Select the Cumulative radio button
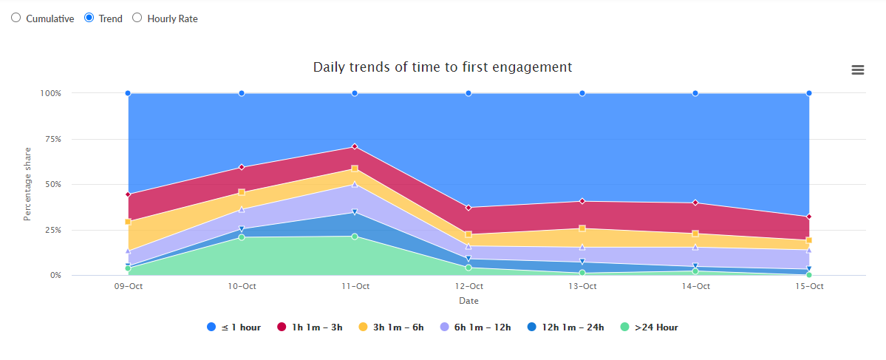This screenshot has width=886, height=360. (16, 18)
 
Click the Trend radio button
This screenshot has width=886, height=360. (89, 18)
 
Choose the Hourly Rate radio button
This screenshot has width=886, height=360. (137, 18)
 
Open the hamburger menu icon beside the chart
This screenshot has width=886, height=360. (858, 69)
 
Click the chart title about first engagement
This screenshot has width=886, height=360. (443, 67)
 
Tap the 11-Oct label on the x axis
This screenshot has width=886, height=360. (355, 286)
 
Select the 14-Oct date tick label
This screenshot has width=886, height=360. (695, 286)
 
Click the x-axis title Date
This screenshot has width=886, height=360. (468, 301)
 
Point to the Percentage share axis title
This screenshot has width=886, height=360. (27, 184)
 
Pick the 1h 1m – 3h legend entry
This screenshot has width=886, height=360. (310, 327)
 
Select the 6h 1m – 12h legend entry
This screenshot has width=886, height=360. (475, 327)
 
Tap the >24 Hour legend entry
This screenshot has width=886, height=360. (649, 327)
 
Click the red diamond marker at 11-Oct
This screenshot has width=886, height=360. (355, 146)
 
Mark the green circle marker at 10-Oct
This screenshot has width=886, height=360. (242, 237)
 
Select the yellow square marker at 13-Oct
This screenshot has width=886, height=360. (582, 228)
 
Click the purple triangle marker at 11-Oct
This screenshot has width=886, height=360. (355, 184)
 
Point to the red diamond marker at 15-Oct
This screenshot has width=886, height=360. (809, 217)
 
